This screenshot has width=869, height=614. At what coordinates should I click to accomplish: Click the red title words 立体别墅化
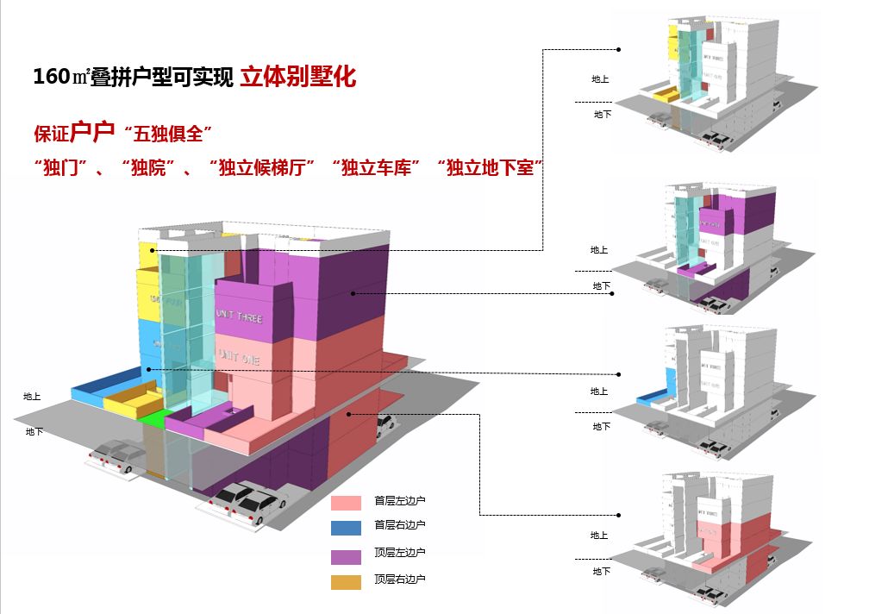297,76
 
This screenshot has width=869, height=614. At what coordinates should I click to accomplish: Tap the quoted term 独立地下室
489,168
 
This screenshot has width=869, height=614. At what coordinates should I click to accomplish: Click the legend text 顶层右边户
399,580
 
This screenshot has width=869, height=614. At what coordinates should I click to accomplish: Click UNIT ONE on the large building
240,354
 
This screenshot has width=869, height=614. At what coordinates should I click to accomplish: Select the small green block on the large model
154,418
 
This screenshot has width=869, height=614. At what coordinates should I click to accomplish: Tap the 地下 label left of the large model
34,431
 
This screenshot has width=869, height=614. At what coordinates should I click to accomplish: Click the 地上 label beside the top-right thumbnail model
600,79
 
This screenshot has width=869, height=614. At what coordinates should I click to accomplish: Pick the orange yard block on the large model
132,397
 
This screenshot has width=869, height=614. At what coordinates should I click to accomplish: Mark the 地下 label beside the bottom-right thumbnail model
601,571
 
